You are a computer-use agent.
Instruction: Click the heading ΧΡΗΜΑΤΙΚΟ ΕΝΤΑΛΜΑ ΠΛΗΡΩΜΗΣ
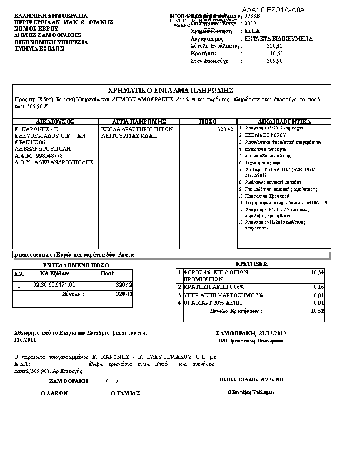(x=171, y=91)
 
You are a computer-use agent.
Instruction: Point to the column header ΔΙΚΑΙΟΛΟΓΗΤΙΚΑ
(x=284, y=121)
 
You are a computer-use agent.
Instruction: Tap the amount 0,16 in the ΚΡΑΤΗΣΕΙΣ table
(x=319, y=287)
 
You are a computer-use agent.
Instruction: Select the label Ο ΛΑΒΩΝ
(x=54, y=394)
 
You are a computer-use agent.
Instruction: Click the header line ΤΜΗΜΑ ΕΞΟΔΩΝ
(x=39, y=49)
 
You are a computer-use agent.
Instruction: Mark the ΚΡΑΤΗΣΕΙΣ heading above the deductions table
(x=252, y=264)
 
